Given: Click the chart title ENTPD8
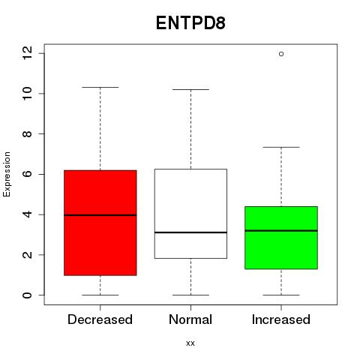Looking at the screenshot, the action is click(190, 23).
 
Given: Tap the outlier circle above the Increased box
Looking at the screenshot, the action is click(281, 54).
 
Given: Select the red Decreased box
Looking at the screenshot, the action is click(100, 223).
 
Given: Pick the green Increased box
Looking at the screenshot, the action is click(281, 238).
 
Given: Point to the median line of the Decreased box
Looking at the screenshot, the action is click(100, 215).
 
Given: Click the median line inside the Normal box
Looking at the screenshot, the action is click(190, 232).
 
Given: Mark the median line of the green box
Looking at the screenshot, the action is click(281, 231).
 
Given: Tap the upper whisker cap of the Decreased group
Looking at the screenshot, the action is click(100, 87).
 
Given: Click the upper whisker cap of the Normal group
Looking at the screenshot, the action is click(190, 89).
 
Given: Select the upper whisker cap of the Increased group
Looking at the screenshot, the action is click(281, 147).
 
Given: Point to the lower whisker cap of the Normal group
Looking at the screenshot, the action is click(190, 295).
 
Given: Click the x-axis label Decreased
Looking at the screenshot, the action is click(100, 319).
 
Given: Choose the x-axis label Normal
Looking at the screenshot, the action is click(190, 319).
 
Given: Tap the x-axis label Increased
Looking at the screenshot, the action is click(281, 319).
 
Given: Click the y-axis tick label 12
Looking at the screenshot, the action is click(27, 53).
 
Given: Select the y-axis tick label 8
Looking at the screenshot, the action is click(27, 133).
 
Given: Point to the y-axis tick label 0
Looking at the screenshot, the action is click(27, 295).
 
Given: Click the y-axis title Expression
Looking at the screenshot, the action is click(7, 174).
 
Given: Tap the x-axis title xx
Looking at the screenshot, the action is click(190, 343).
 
